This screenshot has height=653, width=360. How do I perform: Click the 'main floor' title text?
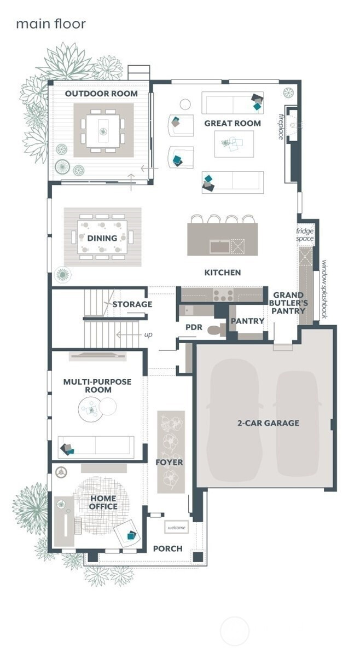coord(51,24)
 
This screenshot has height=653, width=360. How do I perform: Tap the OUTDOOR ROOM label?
coord(101,94)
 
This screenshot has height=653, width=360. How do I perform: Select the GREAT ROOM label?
coord(233,123)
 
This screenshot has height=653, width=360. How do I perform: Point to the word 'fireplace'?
coord(281,126)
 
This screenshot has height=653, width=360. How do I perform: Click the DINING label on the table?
coord(102,238)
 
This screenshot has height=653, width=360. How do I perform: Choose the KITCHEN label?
coord(223,273)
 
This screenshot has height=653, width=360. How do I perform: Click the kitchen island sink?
coord(219,247)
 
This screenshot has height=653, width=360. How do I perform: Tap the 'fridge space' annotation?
coord(305,235)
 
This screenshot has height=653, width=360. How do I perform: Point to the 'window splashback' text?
coord(325,290)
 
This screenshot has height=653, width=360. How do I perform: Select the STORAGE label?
coord(132,304)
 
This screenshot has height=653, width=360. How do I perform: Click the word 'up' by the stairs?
coord(148,334)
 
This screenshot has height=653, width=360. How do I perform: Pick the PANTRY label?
coord(248,321)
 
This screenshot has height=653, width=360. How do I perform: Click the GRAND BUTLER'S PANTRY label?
coord(289,303)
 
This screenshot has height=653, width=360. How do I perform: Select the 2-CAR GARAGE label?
coord(269,423)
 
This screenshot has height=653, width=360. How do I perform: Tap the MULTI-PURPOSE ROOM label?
coord(97,386)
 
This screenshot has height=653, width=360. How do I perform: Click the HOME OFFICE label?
coord(103,502)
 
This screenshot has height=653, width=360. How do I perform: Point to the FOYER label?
coord(170,463)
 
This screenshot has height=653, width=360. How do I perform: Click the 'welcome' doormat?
coord(177,528)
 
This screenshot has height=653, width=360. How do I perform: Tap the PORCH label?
coord(168,549)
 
